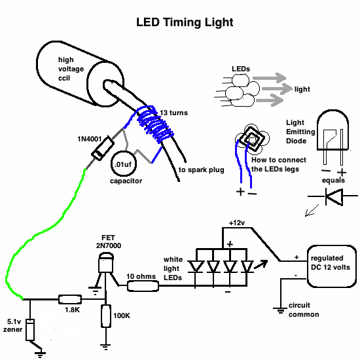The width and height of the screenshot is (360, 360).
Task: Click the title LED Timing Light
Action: coord(185,22)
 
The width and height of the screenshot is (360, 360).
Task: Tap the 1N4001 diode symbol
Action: coord(103,149)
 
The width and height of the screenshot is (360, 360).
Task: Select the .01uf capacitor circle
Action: coord(124,164)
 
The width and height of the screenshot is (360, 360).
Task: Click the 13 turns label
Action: coord(174,113)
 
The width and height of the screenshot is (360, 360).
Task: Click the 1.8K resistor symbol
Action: coord(70,299)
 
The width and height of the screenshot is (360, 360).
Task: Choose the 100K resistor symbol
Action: coord(106,316)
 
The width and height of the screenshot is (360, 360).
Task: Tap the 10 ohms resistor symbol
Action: coord(143,286)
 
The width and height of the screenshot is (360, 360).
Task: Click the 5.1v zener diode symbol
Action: coord(30,330)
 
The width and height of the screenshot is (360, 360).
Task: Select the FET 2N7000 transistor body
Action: coord(106,263)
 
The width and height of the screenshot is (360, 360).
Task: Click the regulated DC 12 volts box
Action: coord(332,266)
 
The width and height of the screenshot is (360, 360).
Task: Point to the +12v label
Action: coord(237,223)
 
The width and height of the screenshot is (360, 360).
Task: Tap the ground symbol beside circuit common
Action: coord(280,310)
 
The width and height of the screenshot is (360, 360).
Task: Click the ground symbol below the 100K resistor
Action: coord(105,347)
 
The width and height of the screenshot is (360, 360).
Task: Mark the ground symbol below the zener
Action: coord(41,355)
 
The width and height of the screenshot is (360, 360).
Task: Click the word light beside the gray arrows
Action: coord(302,89)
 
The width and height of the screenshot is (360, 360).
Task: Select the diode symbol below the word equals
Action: coord(334,196)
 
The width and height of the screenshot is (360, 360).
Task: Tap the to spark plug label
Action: coord(202,170)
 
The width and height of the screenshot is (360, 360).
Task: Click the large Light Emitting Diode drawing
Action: coord(333,137)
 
